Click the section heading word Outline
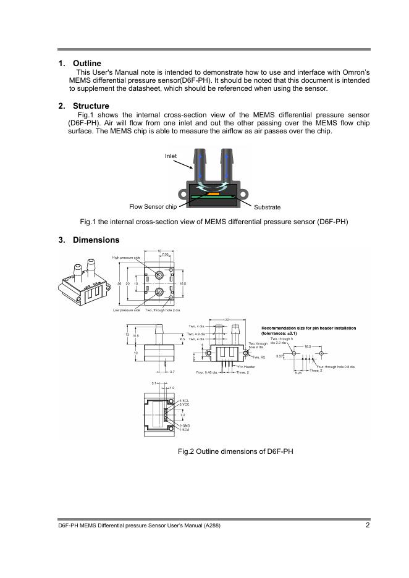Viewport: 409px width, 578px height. (86, 64)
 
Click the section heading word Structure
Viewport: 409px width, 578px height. (91, 106)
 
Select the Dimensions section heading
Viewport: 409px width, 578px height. (96, 240)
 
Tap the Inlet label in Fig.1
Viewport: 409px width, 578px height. (171, 156)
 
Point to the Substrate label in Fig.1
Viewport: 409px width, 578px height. (267, 207)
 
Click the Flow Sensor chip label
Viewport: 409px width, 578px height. (153, 207)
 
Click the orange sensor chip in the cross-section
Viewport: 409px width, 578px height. (213, 193)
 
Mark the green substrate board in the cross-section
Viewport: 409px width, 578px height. (198, 196)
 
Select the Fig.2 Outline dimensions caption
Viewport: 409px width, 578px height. (235, 451)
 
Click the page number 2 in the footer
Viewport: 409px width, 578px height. (368, 526)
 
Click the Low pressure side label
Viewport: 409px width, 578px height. (126, 310)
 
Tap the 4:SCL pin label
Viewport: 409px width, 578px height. (184, 401)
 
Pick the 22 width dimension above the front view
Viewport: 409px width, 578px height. (227, 319)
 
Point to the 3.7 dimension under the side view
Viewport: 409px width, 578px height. (172, 372)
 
